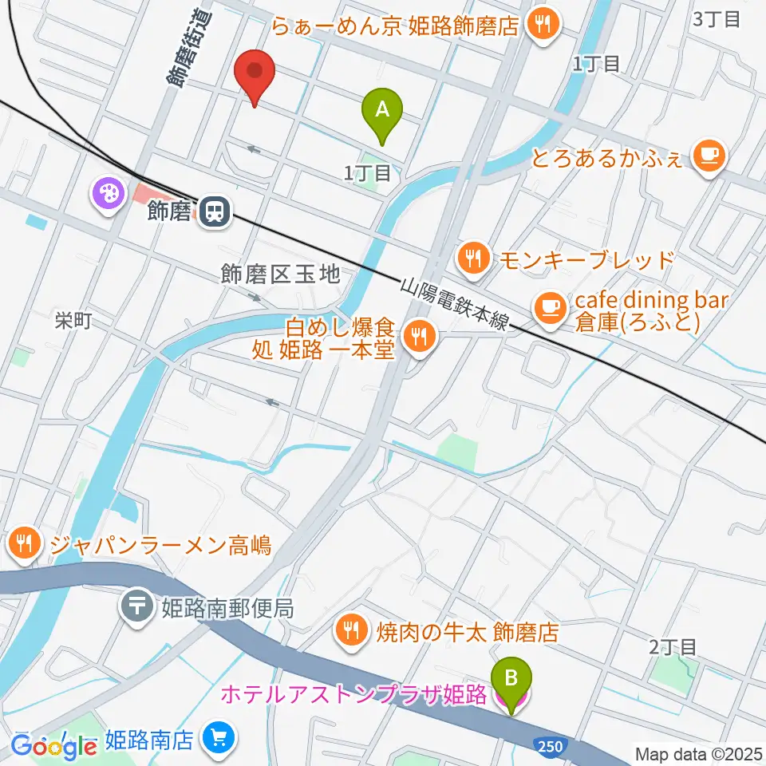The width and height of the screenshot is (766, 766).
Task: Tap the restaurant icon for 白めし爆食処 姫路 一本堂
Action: (x=416, y=335)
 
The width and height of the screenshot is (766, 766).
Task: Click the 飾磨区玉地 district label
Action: (x=281, y=276)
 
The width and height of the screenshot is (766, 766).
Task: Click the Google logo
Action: (x=54, y=745)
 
